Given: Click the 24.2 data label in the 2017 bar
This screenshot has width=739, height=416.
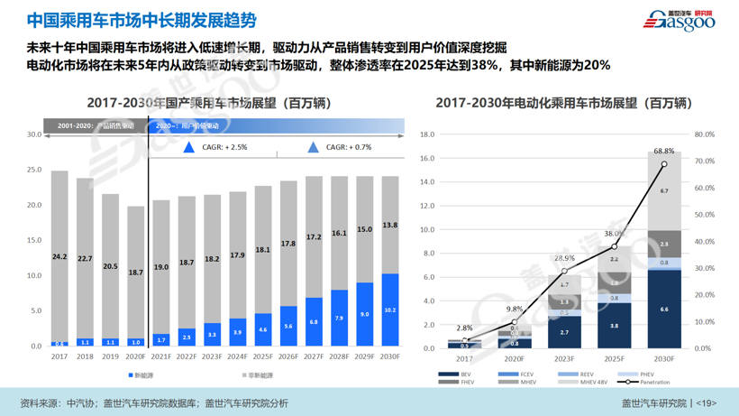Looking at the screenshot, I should [x=59, y=257].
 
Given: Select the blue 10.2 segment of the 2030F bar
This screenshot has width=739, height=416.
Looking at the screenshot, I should [x=390, y=310].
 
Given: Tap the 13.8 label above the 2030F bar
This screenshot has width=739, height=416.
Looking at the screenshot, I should [x=390, y=226].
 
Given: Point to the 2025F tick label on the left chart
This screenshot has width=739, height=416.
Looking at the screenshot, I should [x=263, y=356].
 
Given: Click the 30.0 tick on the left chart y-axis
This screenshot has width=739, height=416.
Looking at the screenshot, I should [x=33, y=134].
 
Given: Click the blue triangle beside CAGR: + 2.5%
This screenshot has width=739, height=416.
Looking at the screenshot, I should [x=189, y=147].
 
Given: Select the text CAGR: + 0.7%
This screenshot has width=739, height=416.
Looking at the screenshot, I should [x=348, y=147].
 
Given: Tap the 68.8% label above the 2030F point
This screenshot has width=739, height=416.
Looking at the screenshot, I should [x=664, y=151].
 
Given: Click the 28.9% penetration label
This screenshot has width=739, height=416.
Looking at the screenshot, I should [x=564, y=259].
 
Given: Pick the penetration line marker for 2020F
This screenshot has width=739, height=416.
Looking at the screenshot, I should [x=515, y=322].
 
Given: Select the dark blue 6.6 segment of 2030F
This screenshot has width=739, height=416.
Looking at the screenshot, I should [x=664, y=310].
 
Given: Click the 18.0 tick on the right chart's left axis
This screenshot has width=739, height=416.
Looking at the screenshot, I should [x=427, y=134].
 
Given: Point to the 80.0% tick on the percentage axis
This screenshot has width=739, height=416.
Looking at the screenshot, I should [x=704, y=134].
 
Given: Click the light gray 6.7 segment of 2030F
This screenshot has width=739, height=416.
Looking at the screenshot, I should [x=664, y=191].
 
